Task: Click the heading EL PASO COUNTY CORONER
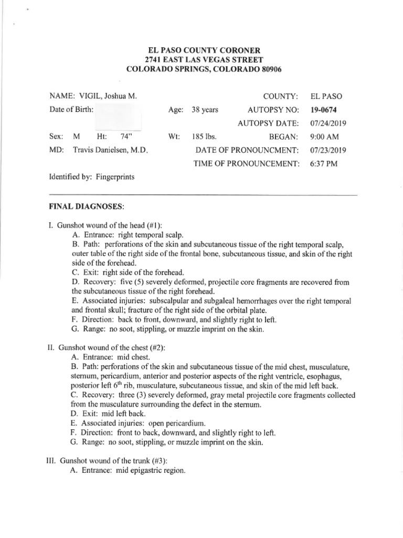201,50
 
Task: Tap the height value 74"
125,137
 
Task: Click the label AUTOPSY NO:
273,110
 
